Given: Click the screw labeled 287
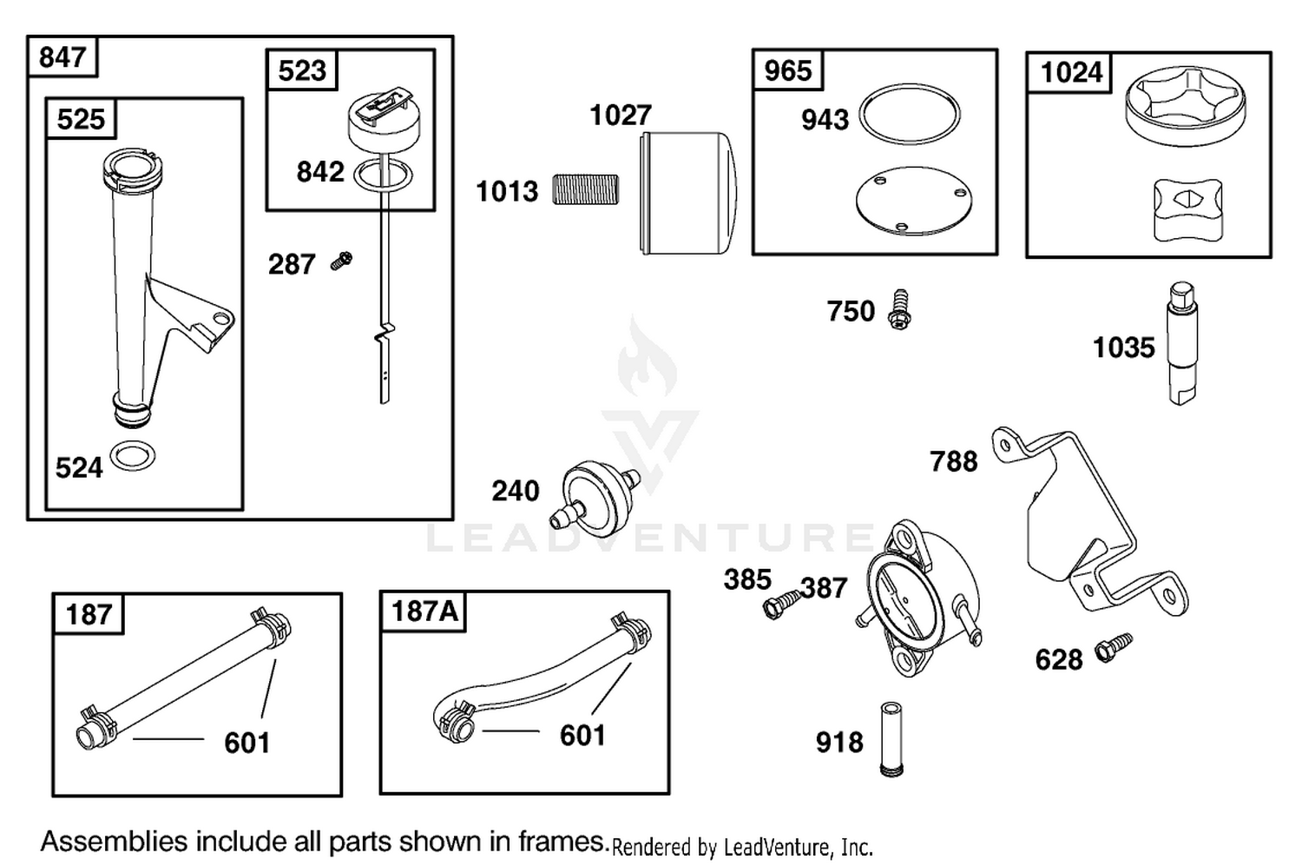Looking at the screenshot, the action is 341,261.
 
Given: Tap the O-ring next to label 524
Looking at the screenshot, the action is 133,456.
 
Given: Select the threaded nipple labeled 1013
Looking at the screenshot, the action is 585,189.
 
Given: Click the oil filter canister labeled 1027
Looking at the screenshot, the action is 688,193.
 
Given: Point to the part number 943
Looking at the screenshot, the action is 825,120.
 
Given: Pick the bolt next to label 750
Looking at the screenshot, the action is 900,310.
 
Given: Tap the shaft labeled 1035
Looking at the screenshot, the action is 1182,343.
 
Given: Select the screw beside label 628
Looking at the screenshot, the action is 1114,648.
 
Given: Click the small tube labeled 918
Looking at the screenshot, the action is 891,739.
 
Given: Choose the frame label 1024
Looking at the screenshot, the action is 1070,73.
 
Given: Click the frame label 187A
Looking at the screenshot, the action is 425,611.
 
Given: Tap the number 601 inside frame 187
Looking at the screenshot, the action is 247,743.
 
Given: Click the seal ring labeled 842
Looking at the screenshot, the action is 383,175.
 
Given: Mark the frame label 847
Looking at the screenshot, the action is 62,57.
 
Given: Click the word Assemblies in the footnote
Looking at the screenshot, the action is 115,842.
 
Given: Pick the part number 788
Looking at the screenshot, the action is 954,462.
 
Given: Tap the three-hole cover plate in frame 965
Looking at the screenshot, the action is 914,201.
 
